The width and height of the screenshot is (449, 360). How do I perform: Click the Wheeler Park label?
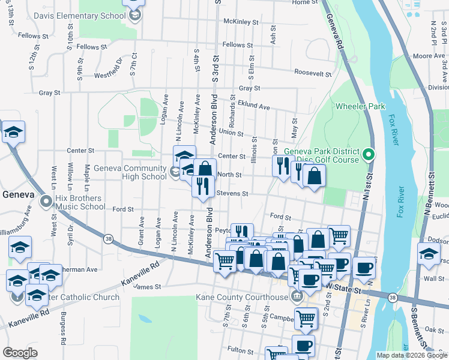tap(360, 106)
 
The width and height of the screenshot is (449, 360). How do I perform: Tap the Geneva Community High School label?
tap(130, 172)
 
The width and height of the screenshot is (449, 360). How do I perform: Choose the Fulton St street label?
tap(242, 349)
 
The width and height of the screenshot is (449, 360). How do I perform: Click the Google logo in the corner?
tap(20, 353)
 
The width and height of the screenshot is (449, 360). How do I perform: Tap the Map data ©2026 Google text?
tap(411, 355)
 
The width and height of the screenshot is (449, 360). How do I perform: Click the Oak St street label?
tap(434, 329)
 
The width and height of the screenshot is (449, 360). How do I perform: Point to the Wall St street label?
tap(434, 278)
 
